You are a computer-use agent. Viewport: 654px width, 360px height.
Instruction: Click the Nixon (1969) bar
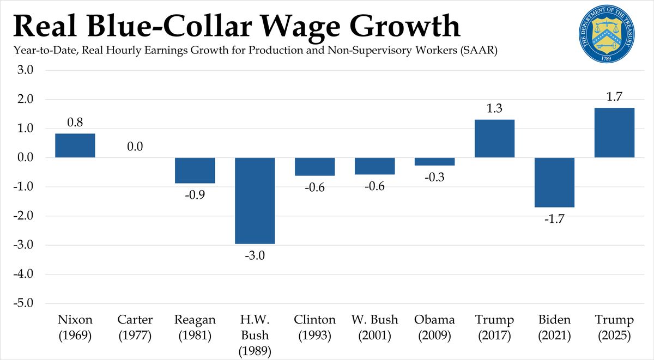(x=75, y=145)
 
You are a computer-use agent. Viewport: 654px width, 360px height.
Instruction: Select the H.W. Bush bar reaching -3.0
(x=255, y=200)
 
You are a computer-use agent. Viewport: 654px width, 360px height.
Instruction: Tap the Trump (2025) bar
(x=614, y=133)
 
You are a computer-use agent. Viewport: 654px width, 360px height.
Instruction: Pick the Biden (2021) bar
(x=554, y=182)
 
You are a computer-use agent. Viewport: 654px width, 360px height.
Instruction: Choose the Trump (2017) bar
(x=495, y=138)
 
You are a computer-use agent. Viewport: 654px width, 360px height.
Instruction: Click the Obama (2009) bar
(x=435, y=162)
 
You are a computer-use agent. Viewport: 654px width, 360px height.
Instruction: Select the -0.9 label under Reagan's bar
(x=195, y=194)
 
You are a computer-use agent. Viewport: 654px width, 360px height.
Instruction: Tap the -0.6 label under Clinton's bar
(x=315, y=187)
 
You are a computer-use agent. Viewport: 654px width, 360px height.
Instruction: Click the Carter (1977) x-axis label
(x=135, y=328)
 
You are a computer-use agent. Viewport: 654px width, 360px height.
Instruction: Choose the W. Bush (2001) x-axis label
(x=375, y=328)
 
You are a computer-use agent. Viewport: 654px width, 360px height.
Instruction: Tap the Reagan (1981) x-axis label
(x=195, y=328)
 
